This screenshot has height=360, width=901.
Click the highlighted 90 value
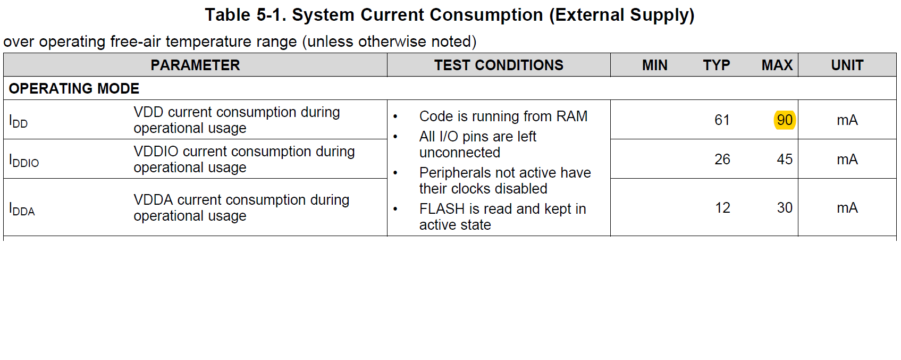pyautogui.click(x=785, y=120)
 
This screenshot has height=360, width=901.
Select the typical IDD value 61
pyautogui.click(x=722, y=120)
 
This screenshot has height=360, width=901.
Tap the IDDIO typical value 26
pyautogui.click(x=722, y=160)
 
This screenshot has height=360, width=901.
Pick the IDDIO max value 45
pyautogui.click(x=785, y=160)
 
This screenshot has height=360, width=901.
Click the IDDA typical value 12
pyautogui.click(x=722, y=207)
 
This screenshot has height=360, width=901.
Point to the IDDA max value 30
pyautogui.click(x=785, y=207)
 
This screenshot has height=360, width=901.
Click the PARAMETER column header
pyautogui.click(x=195, y=65)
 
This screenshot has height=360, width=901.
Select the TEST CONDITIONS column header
pyautogui.click(x=499, y=65)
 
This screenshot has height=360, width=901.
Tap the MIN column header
pyautogui.click(x=654, y=65)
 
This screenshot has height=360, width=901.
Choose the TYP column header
pyautogui.click(x=717, y=65)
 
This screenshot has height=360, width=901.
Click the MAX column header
pyautogui.click(x=777, y=65)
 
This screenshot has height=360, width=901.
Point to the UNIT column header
pyautogui.click(x=847, y=65)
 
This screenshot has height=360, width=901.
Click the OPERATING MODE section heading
pyautogui.click(x=74, y=88)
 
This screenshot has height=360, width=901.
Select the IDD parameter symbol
pyautogui.click(x=18, y=121)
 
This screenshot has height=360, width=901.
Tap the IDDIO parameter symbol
pyautogui.click(x=24, y=161)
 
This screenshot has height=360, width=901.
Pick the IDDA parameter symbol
pyautogui.click(x=22, y=209)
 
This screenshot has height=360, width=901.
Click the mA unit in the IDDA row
pyautogui.click(x=847, y=208)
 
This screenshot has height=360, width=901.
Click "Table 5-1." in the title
pyautogui.click(x=246, y=15)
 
